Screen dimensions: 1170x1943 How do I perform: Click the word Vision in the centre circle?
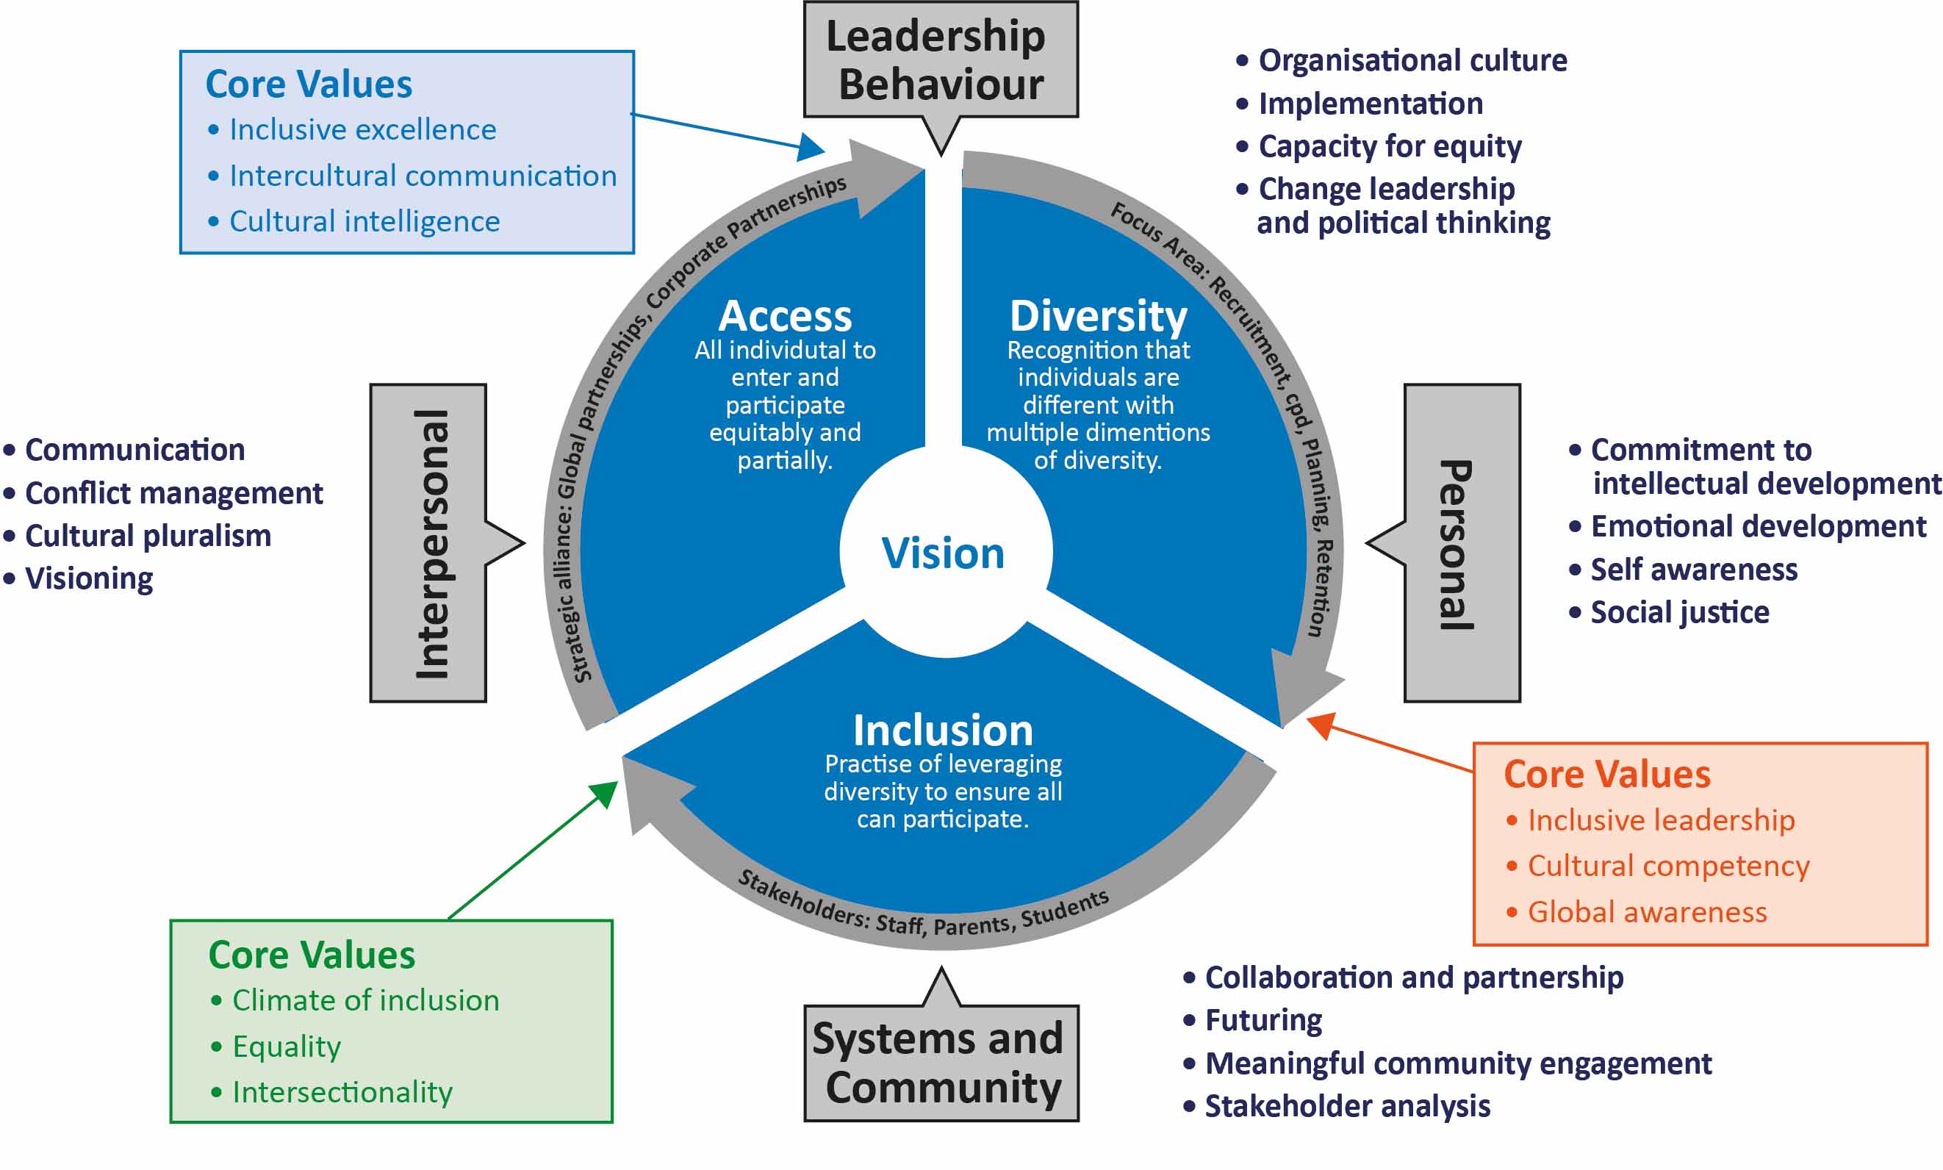click(943, 553)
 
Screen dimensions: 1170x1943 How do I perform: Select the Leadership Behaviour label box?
click(940, 60)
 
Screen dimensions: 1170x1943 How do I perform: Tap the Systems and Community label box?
click(941, 1062)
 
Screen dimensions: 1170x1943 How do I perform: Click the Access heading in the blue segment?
click(785, 316)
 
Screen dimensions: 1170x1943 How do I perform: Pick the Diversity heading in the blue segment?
click(1098, 316)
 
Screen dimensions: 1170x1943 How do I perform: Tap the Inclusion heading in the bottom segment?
click(943, 730)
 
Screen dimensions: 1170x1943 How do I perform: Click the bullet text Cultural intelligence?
click(364, 221)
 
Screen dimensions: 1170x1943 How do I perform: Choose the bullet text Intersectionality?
click(342, 1092)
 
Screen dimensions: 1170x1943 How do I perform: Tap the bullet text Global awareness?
click(1647, 912)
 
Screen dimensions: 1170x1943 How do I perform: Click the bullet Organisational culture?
click(1412, 61)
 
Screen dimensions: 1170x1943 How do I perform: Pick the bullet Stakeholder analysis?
click(1347, 1106)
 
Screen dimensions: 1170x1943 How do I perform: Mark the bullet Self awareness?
click(1693, 570)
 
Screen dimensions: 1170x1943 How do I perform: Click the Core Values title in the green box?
click(312, 955)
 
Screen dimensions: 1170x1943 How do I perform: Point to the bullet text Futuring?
click(1263, 1020)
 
